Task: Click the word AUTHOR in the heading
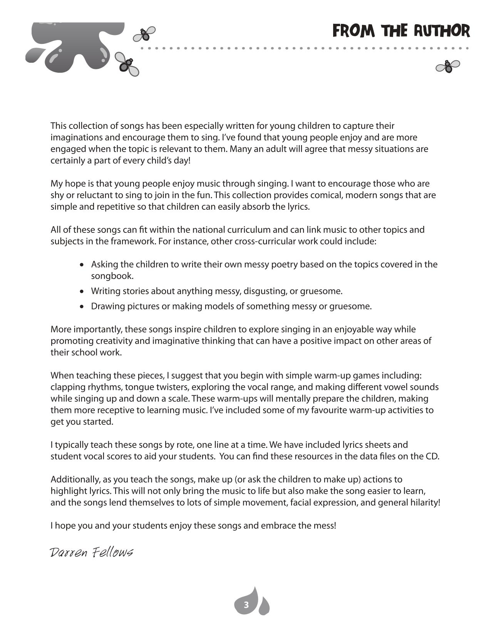click(x=442, y=31)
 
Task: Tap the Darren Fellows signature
click(x=91, y=553)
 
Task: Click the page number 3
click(x=246, y=605)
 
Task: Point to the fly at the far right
click(x=448, y=67)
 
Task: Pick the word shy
click(x=57, y=195)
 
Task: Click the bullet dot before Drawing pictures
click(x=82, y=307)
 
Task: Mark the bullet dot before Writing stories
click(x=82, y=291)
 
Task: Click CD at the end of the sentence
click(x=431, y=456)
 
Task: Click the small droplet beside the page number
click(x=264, y=607)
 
